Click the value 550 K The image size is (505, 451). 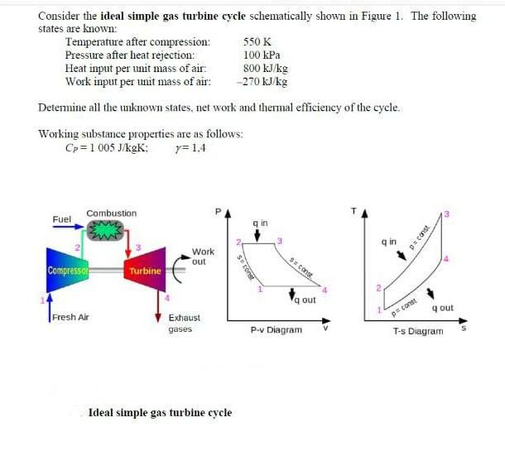(x=259, y=41)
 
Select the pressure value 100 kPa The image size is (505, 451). (x=262, y=55)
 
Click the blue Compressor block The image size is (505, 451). (x=69, y=270)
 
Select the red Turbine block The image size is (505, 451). (x=145, y=271)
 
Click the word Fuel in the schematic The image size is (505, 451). (x=62, y=219)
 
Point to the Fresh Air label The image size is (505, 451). (x=70, y=318)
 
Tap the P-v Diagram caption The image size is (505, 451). (x=276, y=329)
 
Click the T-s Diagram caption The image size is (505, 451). (x=417, y=331)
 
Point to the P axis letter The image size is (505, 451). (x=219, y=212)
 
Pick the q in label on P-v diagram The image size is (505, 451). (x=259, y=223)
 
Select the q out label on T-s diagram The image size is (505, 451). (x=442, y=308)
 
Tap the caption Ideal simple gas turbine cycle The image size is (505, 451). (x=160, y=412)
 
